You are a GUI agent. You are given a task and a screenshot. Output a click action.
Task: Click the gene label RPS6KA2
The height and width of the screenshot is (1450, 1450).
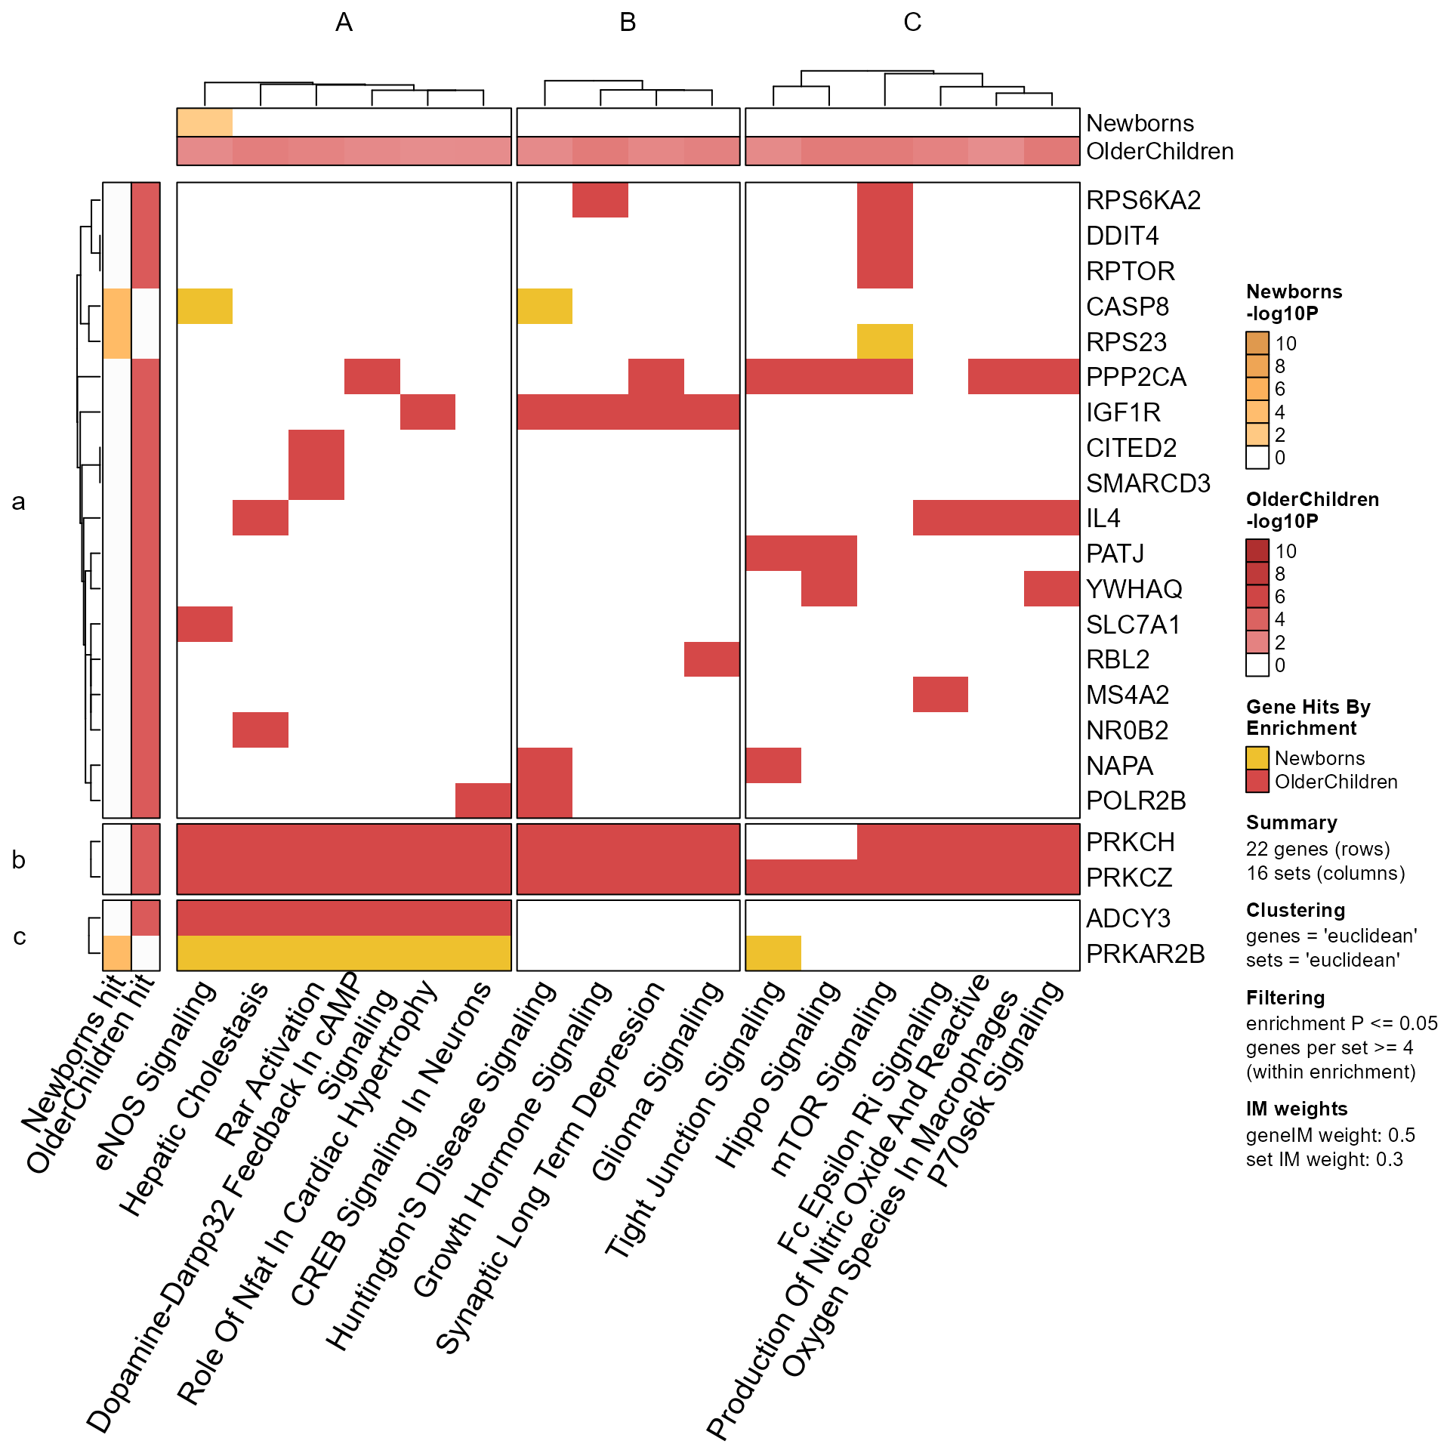point(1143,200)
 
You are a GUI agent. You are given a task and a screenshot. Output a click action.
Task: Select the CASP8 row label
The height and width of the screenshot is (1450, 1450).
point(1127,307)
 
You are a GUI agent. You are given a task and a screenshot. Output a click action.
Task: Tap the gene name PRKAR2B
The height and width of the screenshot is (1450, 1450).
point(1145,954)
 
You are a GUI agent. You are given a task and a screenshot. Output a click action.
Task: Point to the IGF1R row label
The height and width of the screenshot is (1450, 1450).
point(1123,412)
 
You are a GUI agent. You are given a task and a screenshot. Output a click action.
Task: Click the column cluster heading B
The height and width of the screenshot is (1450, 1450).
point(628,23)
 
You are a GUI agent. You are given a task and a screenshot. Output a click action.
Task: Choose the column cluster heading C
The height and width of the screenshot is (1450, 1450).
point(912,23)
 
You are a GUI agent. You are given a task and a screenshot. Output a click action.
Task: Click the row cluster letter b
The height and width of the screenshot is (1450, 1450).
point(19,860)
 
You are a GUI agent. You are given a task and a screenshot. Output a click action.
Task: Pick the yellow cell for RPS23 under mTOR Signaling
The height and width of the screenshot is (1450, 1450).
point(884,341)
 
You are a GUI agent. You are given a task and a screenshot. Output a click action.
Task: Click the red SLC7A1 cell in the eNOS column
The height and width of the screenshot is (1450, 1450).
point(205,624)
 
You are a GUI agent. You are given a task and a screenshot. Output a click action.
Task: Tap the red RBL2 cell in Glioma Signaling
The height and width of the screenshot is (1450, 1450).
point(711,659)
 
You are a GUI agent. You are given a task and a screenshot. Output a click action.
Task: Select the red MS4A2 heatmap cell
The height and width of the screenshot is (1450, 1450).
point(940,695)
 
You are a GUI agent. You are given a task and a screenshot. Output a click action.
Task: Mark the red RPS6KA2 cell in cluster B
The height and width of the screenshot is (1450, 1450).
point(600,200)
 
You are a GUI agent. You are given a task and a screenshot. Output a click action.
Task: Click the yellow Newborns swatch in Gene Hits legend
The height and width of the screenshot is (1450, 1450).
point(1257,757)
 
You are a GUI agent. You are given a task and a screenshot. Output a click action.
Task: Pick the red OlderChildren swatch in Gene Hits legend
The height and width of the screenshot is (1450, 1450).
point(1257,781)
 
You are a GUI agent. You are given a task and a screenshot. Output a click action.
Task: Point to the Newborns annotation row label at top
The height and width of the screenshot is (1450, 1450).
point(1140,123)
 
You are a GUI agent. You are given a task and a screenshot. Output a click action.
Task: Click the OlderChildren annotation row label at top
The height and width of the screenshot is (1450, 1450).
point(1159,152)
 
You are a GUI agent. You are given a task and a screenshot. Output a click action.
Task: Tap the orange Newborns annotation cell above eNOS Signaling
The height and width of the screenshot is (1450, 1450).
point(205,122)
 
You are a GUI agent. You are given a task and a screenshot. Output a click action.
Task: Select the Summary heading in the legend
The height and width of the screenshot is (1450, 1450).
point(1291,822)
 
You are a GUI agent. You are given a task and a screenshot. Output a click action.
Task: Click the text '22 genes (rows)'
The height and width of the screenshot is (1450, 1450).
point(1318,850)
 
